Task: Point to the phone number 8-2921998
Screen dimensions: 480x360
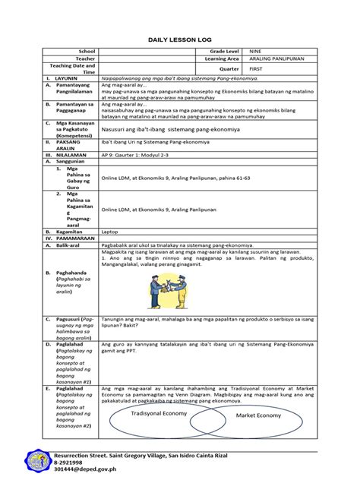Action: point(73,460)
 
